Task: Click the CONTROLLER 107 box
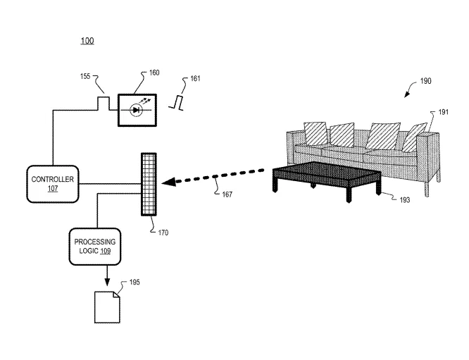53,184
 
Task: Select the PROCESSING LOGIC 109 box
95,247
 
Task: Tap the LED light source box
137,110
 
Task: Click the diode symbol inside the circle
136,110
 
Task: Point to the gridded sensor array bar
149,185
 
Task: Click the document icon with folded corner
107,307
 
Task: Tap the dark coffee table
327,180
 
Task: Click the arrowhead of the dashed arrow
168,182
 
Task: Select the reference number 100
87,41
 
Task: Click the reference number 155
85,76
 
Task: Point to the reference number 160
154,73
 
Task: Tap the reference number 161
195,78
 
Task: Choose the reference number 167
227,194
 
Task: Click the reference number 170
163,232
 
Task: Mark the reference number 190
425,81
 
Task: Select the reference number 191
444,112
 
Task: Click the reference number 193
405,200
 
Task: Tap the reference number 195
135,283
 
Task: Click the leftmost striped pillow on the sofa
316,134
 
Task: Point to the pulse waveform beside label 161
176,103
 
